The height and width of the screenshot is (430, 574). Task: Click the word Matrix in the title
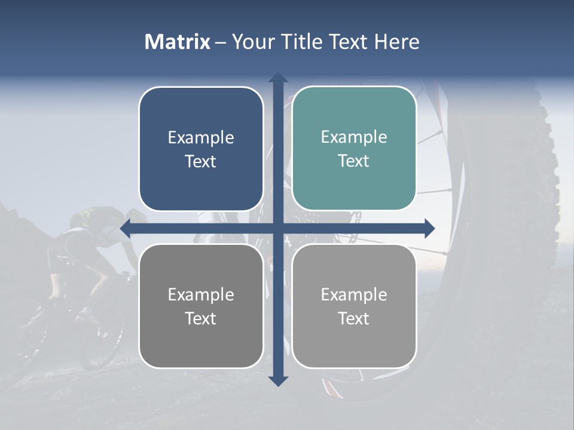(x=177, y=42)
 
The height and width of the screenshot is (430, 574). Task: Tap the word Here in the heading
(x=396, y=42)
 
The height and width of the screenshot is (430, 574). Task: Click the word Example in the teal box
(x=354, y=137)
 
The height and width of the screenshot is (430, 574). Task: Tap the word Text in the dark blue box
(x=201, y=161)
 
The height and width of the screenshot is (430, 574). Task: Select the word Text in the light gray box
(x=354, y=318)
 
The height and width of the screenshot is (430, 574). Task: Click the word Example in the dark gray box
(x=201, y=294)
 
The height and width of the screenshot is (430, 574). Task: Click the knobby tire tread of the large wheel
(x=547, y=155)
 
